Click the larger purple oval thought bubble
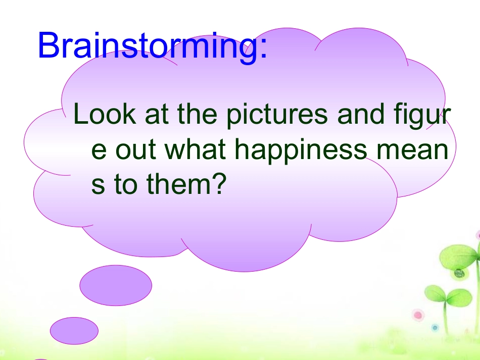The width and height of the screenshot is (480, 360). click(x=116, y=285)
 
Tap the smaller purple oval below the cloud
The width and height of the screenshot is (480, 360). click(x=74, y=331)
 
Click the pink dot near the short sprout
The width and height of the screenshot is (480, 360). click(x=418, y=316)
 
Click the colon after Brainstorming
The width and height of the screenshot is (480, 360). click(x=262, y=48)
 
